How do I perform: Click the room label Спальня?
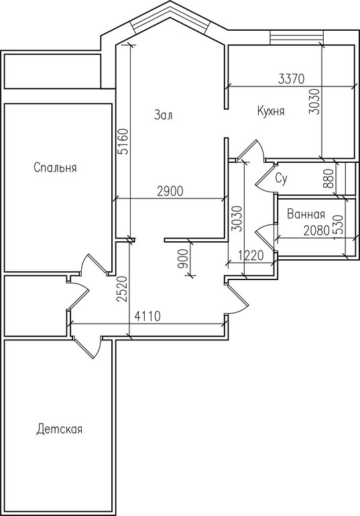click(55, 168)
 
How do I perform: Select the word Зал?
click(163, 115)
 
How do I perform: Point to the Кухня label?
click(270, 111)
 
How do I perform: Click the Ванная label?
click(306, 214)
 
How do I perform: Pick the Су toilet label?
click(282, 179)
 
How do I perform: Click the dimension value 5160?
click(123, 141)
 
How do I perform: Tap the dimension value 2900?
click(170, 191)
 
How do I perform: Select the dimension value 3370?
click(292, 79)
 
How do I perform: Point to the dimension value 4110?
click(147, 316)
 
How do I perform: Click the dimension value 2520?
click(122, 289)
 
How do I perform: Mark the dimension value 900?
click(183, 259)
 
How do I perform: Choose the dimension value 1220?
click(251, 255)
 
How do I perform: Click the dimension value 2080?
click(316, 231)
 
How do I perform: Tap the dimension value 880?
click(329, 179)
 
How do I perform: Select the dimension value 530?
click(339, 224)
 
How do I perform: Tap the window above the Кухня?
click(296, 36)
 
